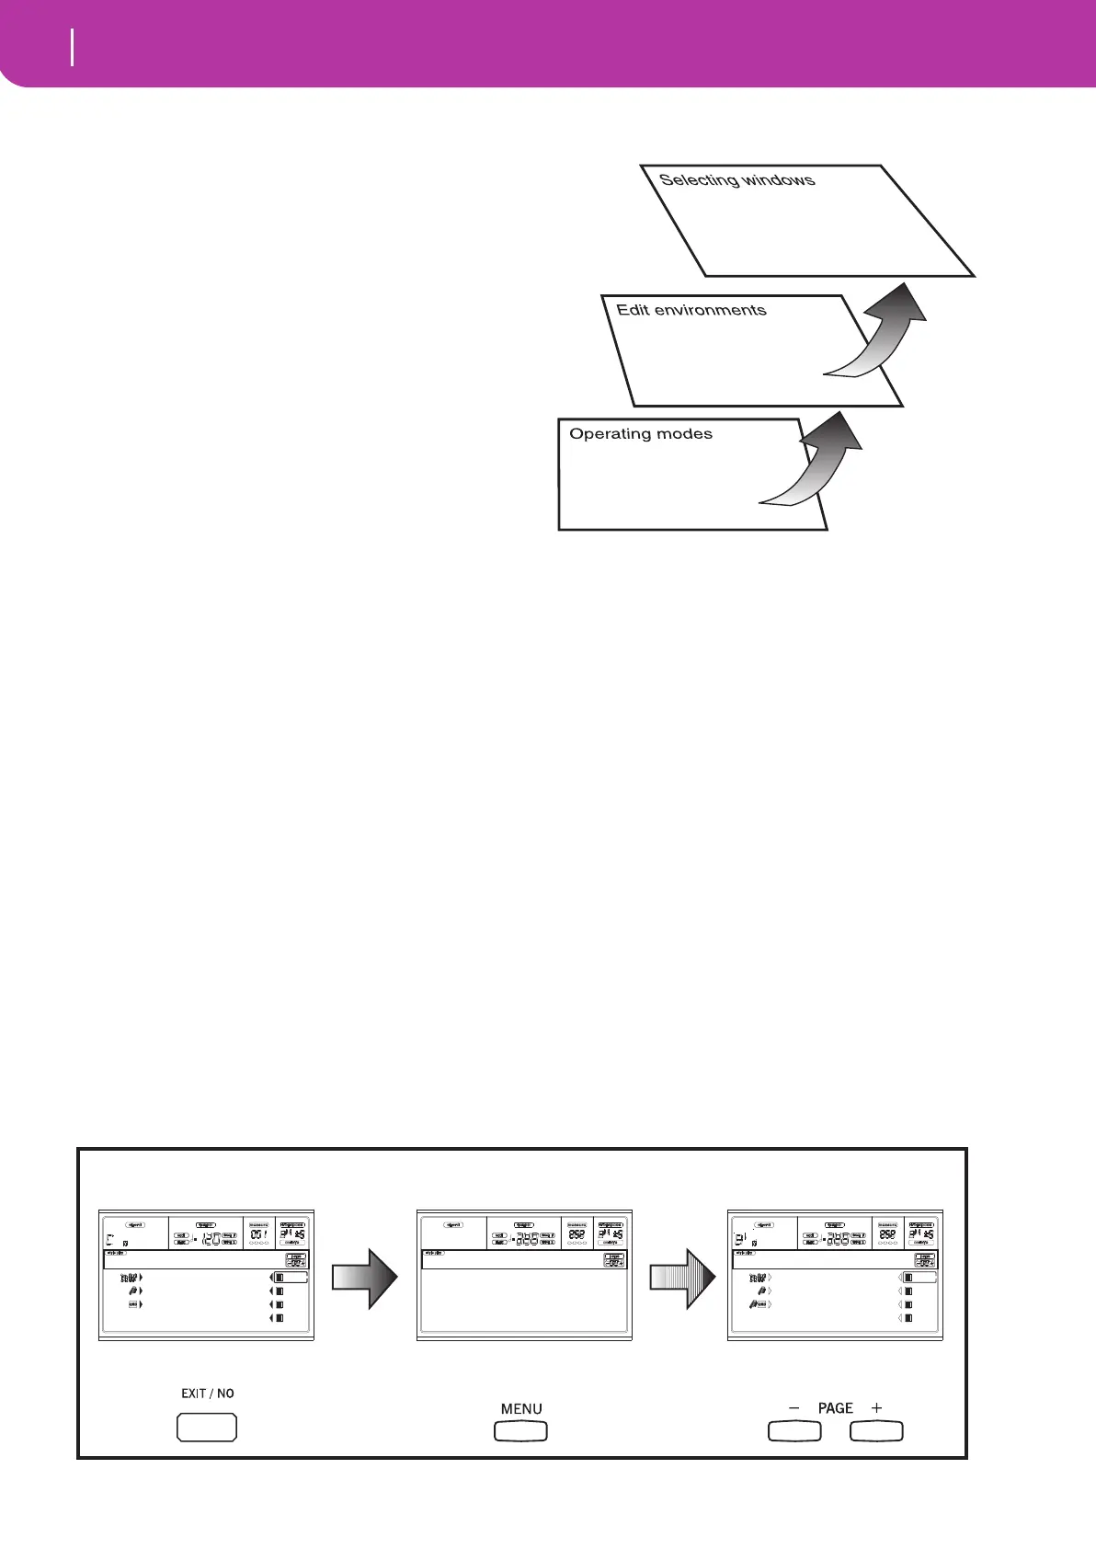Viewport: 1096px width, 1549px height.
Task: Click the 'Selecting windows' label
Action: coord(736,179)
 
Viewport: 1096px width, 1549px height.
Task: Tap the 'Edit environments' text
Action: coord(691,310)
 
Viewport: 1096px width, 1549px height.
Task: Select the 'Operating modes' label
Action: coord(641,433)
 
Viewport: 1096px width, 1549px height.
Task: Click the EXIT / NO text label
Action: coord(207,1393)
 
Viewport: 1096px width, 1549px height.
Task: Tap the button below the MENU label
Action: coord(520,1431)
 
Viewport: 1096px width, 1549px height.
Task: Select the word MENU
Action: coord(521,1408)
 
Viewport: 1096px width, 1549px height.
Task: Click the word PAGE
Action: coord(835,1407)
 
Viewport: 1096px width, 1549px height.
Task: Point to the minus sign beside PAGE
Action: coord(794,1407)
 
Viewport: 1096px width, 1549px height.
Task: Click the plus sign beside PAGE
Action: coord(877,1407)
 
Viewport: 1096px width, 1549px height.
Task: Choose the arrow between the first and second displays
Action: coord(365,1278)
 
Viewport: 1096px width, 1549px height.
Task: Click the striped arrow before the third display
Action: coord(683,1278)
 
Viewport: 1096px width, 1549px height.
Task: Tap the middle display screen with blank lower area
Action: coord(522,1275)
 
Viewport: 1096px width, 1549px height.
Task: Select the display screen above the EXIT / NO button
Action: coord(206,1275)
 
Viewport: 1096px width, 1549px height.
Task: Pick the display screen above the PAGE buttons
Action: coord(834,1275)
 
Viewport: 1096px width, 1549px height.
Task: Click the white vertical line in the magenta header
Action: coord(72,47)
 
